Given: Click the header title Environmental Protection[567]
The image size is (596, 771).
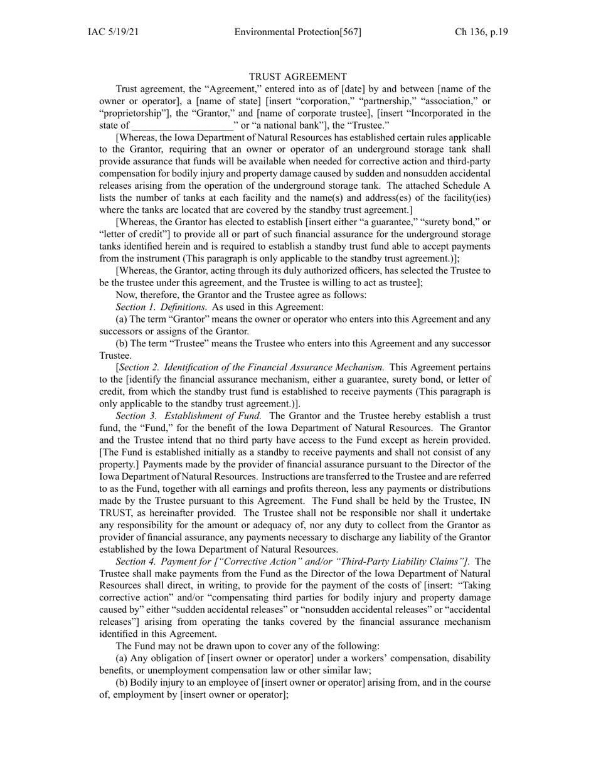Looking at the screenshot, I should coord(297,32).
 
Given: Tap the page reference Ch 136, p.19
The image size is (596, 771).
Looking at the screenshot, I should coord(481,32).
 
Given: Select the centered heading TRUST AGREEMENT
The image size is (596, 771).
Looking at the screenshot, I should coord(297,77).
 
